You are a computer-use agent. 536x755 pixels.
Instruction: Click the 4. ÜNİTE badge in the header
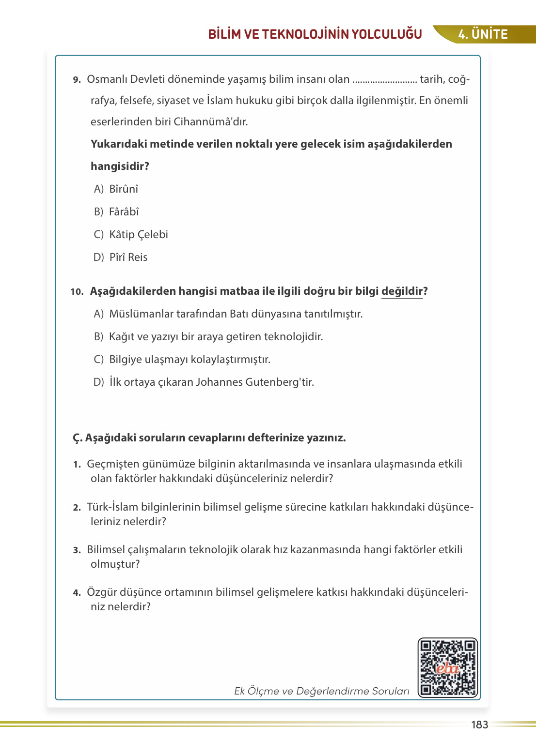point(483,34)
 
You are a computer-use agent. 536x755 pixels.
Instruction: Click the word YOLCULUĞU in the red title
point(386,34)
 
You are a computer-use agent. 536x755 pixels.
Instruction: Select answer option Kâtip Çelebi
point(138,235)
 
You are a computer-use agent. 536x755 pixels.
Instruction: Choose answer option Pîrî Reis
point(128,257)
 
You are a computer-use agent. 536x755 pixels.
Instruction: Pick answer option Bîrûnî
point(124,189)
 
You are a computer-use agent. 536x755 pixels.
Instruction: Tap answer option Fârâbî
point(124,212)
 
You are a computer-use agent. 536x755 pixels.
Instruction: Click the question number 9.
point(77,80)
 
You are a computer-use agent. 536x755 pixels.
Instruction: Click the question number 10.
point(77,292)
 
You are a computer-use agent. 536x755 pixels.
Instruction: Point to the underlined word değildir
point(402,291)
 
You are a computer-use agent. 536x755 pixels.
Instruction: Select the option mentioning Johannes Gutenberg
point(211,382)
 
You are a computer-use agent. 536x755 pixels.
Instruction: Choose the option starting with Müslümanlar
point(236,314)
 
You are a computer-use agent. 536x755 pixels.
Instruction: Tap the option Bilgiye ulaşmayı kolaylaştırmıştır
point(189,360)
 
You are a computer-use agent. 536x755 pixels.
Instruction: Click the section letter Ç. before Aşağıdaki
point(78,438)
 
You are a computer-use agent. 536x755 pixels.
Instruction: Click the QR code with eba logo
point(448,667)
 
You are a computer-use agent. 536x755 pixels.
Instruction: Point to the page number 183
point(479,725)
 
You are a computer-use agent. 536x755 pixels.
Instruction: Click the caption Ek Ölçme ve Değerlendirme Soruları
point(322,691)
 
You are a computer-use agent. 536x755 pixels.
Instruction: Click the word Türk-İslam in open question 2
point(112,507)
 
